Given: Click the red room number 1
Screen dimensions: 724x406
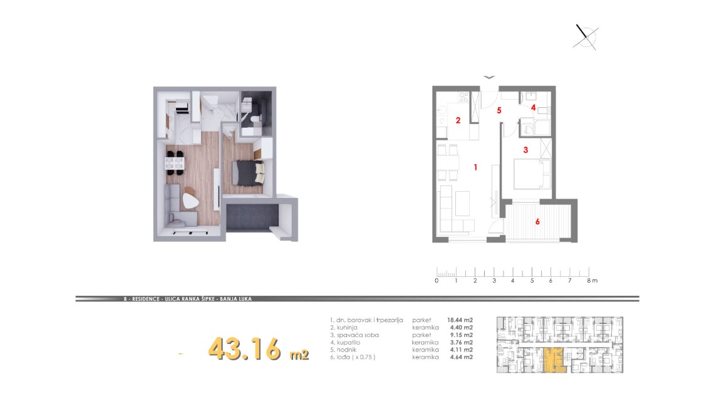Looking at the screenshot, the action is pos(475,167).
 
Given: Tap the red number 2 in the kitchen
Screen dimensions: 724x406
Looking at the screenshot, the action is pos(458,120).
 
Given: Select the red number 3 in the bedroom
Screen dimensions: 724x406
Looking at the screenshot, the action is pos(525,150).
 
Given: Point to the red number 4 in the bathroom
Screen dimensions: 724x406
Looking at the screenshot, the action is pos(534,108).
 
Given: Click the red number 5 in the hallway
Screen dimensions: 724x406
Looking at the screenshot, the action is pos(499,110).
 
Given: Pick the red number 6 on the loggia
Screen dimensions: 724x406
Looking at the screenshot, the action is pos(537,222).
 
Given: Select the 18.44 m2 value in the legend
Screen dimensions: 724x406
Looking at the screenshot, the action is pos(460,320).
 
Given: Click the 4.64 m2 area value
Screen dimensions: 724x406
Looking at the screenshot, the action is pos(462,357).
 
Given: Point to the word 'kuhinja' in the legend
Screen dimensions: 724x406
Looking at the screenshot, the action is pos(347,328).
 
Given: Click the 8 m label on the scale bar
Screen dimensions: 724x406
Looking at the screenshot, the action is pos(592,280).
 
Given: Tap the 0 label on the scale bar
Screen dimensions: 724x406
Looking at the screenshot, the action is pos(437,280).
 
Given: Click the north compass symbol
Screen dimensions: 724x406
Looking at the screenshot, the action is pos(586,36).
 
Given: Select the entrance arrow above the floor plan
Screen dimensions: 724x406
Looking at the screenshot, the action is pos(489,77).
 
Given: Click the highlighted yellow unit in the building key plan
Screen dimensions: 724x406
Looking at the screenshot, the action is pos(554,360).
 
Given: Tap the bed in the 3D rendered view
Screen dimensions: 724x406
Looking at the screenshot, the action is pos(248,172).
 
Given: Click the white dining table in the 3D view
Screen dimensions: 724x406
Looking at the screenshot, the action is pos(175,162).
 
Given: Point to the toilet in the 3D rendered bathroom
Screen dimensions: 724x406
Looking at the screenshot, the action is pos(254,120).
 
